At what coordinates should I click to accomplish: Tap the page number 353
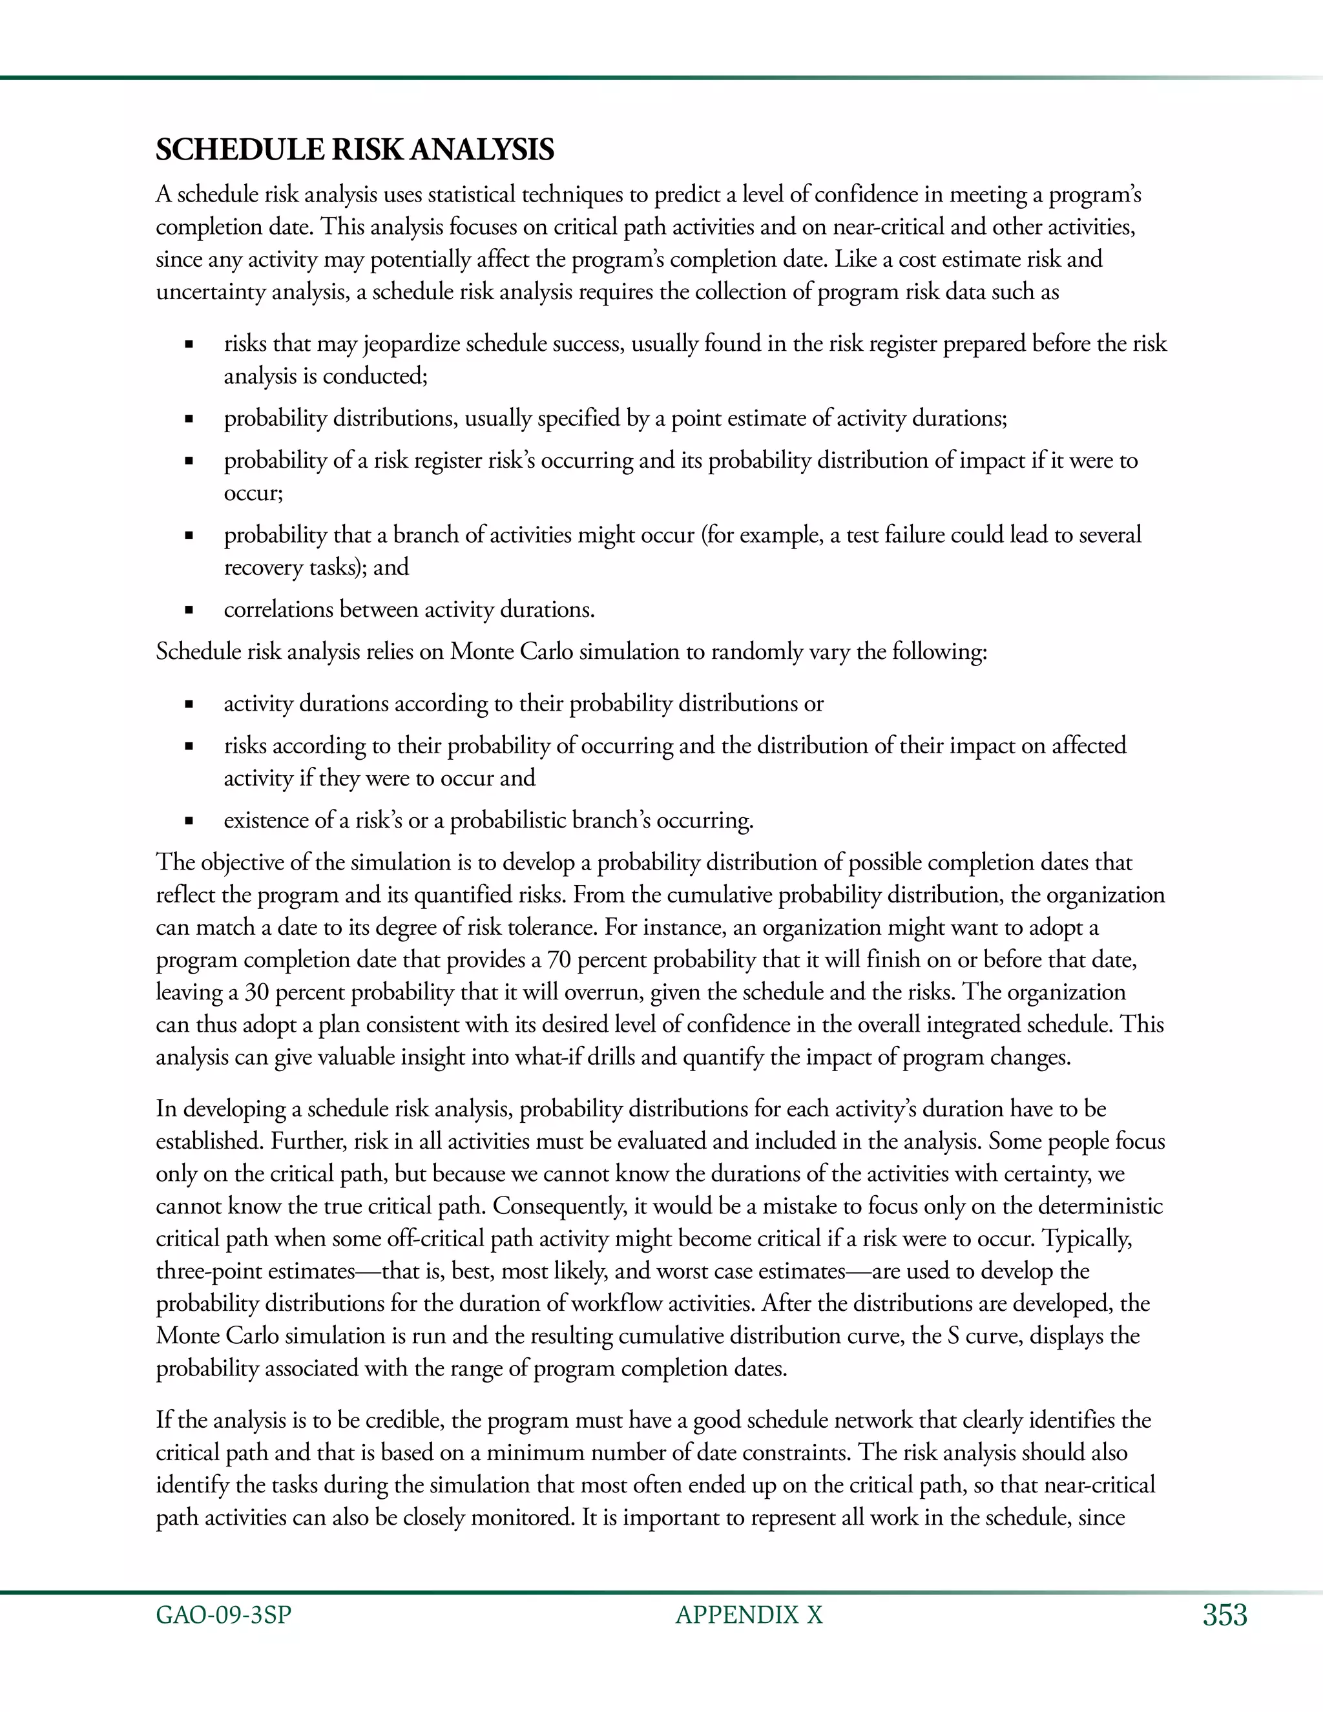coord(1224,1616)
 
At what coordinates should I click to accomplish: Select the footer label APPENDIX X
coord(749,1616)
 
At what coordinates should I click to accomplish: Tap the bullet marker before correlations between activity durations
coord(188,610)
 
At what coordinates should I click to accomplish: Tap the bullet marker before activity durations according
coord(188,704)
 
